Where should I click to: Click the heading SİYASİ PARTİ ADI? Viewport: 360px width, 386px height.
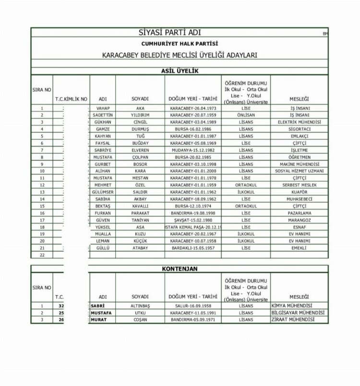[169, 33]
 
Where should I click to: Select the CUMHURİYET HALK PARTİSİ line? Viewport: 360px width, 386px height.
[180, 44]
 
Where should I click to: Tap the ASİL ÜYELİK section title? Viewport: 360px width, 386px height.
[180, 71]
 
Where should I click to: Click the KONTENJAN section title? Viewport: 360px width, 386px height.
[180, 269]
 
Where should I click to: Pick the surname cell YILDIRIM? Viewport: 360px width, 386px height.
[140, 115]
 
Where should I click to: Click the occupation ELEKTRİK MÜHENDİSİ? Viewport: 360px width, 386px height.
[299, 122]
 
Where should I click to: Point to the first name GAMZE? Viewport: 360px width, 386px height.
[103, 129]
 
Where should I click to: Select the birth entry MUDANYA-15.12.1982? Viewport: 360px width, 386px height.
[193, 150]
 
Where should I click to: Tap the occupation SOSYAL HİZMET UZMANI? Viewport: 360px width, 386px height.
[299, 171]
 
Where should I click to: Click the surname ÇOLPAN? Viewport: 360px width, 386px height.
[140, 157]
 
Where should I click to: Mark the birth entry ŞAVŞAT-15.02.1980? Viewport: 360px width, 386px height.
[193, 220]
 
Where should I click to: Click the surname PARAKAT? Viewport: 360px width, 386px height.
[140, 213]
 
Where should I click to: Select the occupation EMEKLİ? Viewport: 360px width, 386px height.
[299, 248]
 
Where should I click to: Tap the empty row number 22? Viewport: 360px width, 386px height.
[42, 255]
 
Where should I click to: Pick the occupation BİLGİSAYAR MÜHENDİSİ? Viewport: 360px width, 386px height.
[298, 313]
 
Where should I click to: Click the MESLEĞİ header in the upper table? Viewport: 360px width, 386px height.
[299, 99]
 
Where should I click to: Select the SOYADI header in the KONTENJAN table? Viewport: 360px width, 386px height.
[140, 297]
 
